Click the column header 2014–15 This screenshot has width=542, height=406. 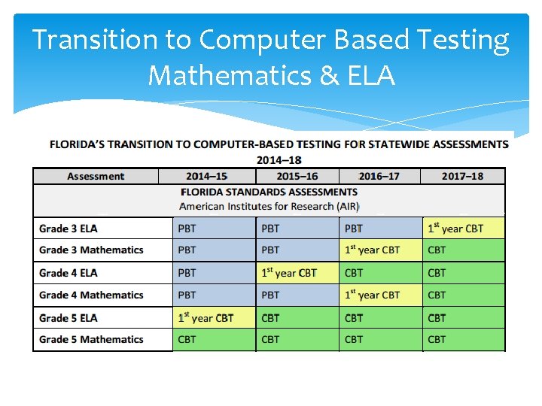[207, 176]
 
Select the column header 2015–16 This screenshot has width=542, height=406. [297, 176]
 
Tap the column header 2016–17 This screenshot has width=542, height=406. [379, 176]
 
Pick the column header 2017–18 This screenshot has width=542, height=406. [462, 176]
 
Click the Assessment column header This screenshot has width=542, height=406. [96, 176]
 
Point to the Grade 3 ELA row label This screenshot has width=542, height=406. [69, 229]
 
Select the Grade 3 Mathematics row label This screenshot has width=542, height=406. [91, 250]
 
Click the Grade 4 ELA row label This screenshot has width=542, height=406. [69, 273]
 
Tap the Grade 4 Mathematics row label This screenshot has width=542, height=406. [91, 295]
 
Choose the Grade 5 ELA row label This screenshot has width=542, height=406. [69, 318]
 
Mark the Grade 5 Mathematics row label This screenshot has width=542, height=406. [91, 339]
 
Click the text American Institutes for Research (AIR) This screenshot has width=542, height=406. [269, 206]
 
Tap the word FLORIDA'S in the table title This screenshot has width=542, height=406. [81, 144]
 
